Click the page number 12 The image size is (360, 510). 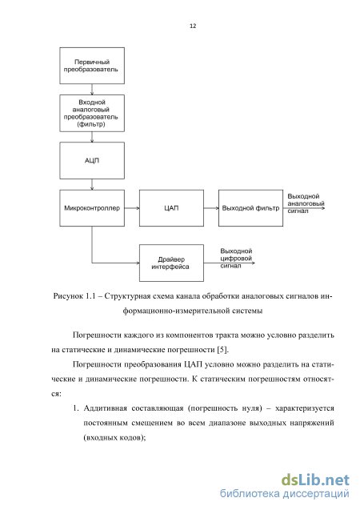pyautogui.click(x=193, y=26)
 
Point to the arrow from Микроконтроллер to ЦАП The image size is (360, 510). pyautogui.click(x=132, y=208)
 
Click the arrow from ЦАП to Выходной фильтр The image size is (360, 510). pyautogui.click(x=211, y=208)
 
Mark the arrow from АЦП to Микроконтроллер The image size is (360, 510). pyautogui.click(x=92, y=184)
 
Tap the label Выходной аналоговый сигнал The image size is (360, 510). pyautogui.click(x=306, y=203)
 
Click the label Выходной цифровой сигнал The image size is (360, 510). pyautogui.click(x=236, y=259)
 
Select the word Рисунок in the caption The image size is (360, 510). pyautogui.click(x=68, y=296)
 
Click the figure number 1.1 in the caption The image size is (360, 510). pyautogui.click(x=90, y=296)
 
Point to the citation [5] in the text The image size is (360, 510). pyautogui.click(x=222, y=350)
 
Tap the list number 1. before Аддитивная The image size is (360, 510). pyautogui.click(x=76, y=408)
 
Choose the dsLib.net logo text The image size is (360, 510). pyautogui.click(x=315, y=480)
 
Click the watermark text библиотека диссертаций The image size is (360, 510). pyautogui.click(x=285, y=493)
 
